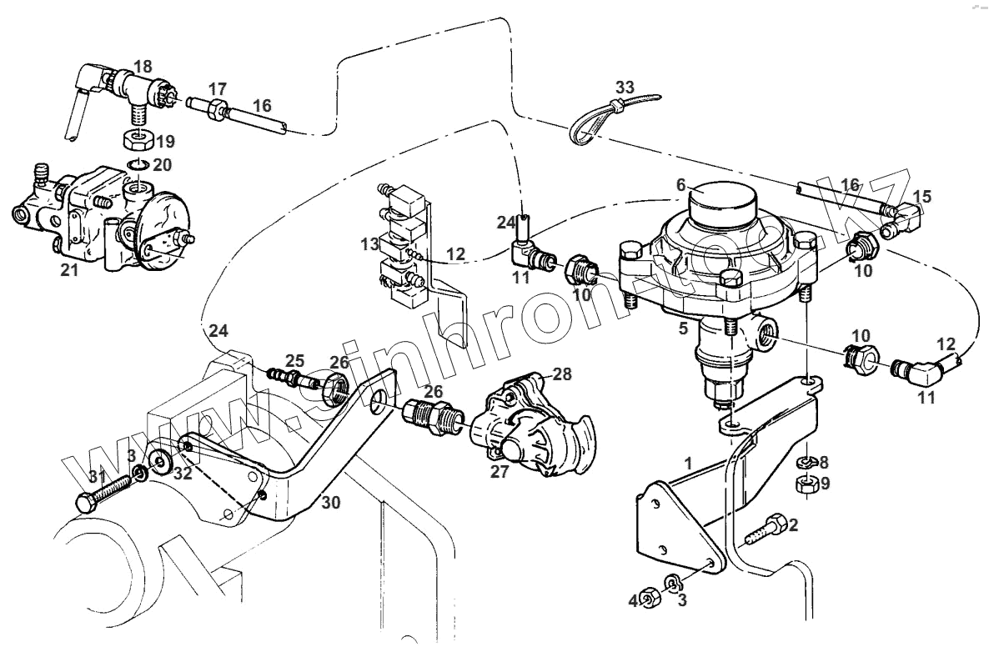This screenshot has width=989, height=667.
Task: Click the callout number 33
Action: point(625,87)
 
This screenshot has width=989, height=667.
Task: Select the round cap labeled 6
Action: point(723,201)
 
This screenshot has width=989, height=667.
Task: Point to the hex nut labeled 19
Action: point(136,138)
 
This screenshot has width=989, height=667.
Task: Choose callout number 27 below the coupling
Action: point(499,471)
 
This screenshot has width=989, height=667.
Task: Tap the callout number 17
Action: point(218,88)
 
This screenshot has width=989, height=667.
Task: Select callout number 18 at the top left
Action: point(143,65)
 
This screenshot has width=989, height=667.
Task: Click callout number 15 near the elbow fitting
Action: point(921,197)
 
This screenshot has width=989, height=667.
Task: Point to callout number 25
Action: point(296,360)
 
